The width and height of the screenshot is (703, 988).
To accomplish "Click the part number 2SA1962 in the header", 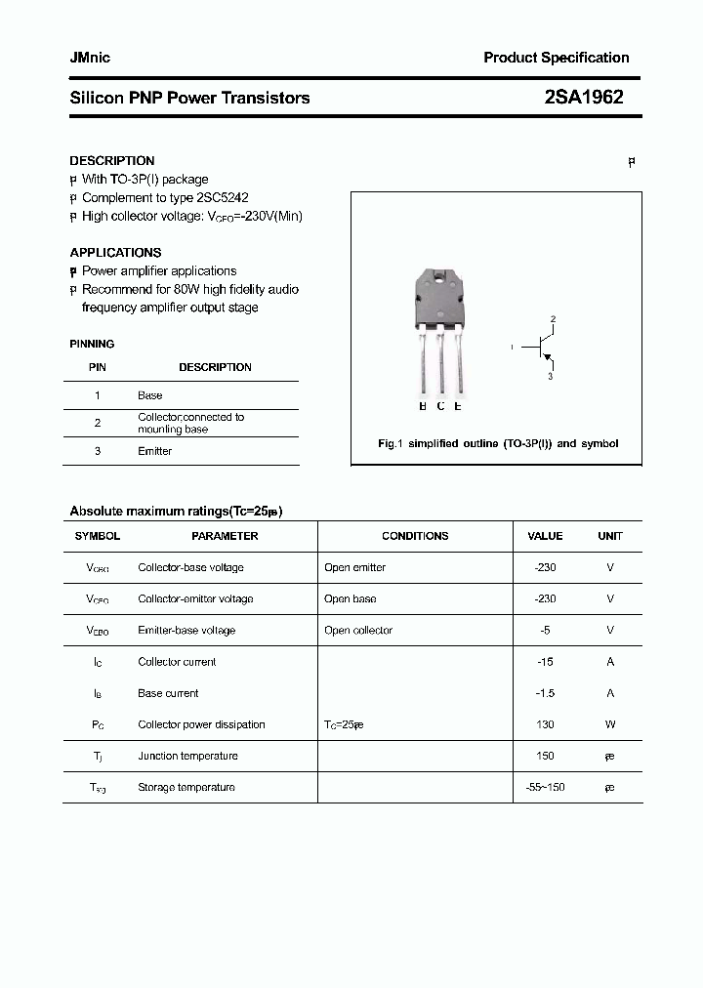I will click(x=583, y=98).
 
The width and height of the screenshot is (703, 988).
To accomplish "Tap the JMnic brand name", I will click(x=90, y=58).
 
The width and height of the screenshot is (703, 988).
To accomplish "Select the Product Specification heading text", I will click(x=556, y=58).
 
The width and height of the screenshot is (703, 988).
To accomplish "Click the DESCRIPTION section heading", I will click(x=111, y=160).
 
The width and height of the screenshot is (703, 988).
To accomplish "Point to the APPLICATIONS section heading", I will click(x=115, y=252).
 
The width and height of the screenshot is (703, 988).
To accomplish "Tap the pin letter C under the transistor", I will click(x=440, y=406).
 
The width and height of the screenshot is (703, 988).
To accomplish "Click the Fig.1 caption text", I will click(x=497, y=443).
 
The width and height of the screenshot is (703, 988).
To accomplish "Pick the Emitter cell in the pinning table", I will click(x=154, y=451).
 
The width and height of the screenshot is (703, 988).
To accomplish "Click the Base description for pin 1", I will click(x=149, y=395).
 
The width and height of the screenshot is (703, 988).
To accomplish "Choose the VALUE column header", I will click(x=545, y=536).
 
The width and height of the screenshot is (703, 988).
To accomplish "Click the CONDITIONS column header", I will click(x=415, y=536).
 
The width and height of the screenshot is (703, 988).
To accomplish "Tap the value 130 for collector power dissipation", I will click(x=545, y=724).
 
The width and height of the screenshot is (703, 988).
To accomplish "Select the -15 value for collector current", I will click(x=545, y=662).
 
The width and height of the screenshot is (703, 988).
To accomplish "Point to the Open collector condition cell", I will click(x=358, y=631).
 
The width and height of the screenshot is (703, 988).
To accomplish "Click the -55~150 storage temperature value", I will click(x=545, y=787).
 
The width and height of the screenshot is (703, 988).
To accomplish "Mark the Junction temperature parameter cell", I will click(x=187, y=756).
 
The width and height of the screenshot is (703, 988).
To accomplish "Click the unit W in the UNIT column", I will click(x=609, y=724).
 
